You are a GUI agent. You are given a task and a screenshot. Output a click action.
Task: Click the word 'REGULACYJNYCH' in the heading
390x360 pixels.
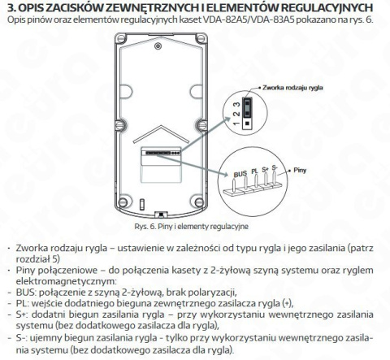321,7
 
